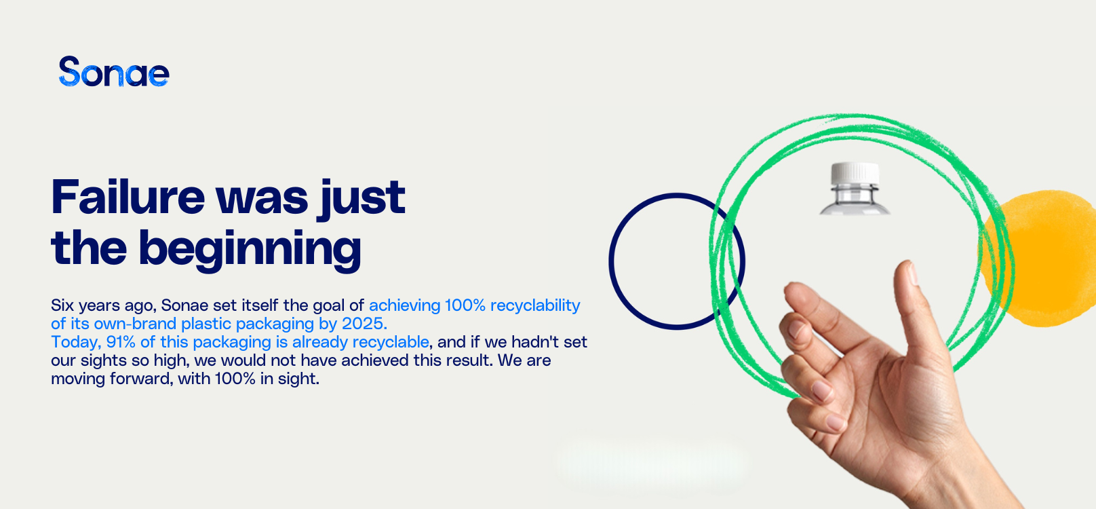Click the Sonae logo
click(x=114, y=72)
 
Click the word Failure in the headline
click(x=128, y=197)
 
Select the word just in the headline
click(x=361, y=200)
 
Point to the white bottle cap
click(x=855, y=174)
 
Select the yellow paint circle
click(x=1040, y=258)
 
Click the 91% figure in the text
click(x=121, y=341)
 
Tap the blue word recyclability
click(x=535, y=306)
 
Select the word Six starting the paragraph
click(x=62, y=305)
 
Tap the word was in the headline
click(x=261, y=201)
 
